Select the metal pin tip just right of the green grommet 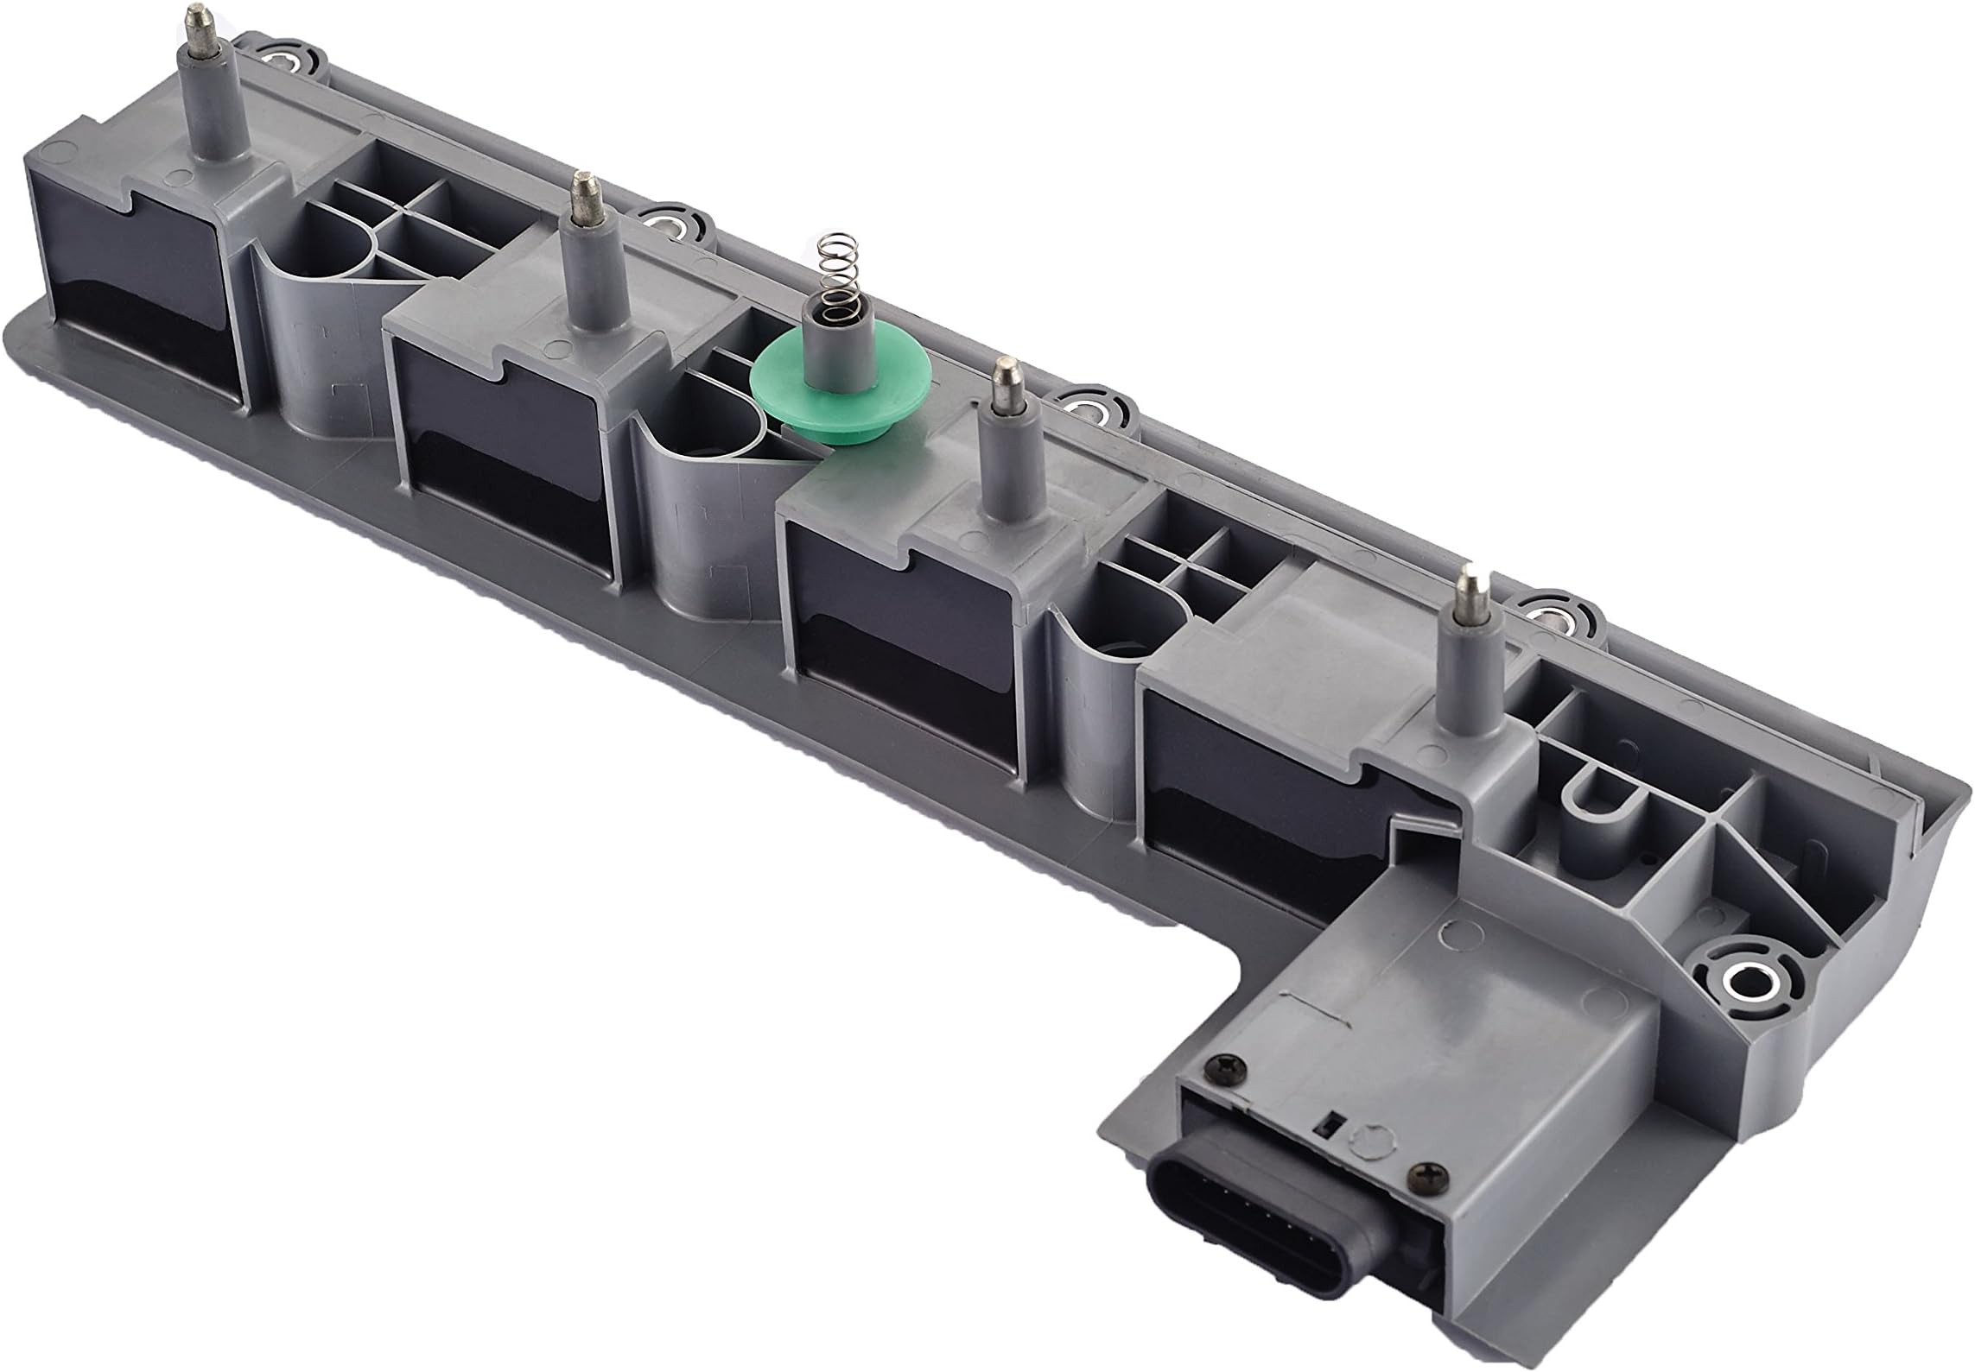tap(1003, 379)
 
